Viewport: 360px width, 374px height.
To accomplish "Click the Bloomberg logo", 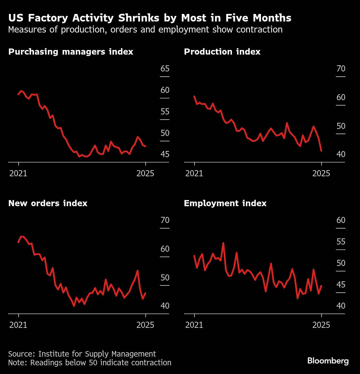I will [328, 361].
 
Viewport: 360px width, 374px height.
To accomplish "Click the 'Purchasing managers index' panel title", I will [71, 52].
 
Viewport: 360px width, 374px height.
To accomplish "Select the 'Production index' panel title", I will [222, 52].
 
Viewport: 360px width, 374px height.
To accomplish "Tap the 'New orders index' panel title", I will [48, 203].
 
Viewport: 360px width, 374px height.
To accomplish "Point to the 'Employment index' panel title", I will [225, 203].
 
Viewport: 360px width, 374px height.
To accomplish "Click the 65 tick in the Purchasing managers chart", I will [165, 69].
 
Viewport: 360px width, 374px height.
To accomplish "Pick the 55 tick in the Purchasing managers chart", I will [165, 112].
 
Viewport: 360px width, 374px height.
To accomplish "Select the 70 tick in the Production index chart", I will [341, 69].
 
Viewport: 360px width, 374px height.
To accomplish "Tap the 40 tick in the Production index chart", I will [341, 154].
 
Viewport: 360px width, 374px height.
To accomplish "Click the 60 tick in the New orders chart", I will [165, 249].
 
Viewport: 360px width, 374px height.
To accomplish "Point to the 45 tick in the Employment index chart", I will [341, 285].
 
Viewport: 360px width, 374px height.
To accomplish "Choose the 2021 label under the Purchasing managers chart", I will [18, 174].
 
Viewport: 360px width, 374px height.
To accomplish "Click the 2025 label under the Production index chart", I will [321, 174].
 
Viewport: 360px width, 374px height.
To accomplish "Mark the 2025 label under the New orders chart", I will [145, 325].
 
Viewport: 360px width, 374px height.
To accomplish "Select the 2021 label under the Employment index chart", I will [194, 325].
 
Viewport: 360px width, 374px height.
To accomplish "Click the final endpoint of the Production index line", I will [321, 151].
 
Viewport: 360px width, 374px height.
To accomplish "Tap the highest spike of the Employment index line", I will [223, 243].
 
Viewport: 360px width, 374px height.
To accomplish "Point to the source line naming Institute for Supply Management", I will [82, 354].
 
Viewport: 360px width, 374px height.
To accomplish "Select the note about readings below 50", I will [90, 363].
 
